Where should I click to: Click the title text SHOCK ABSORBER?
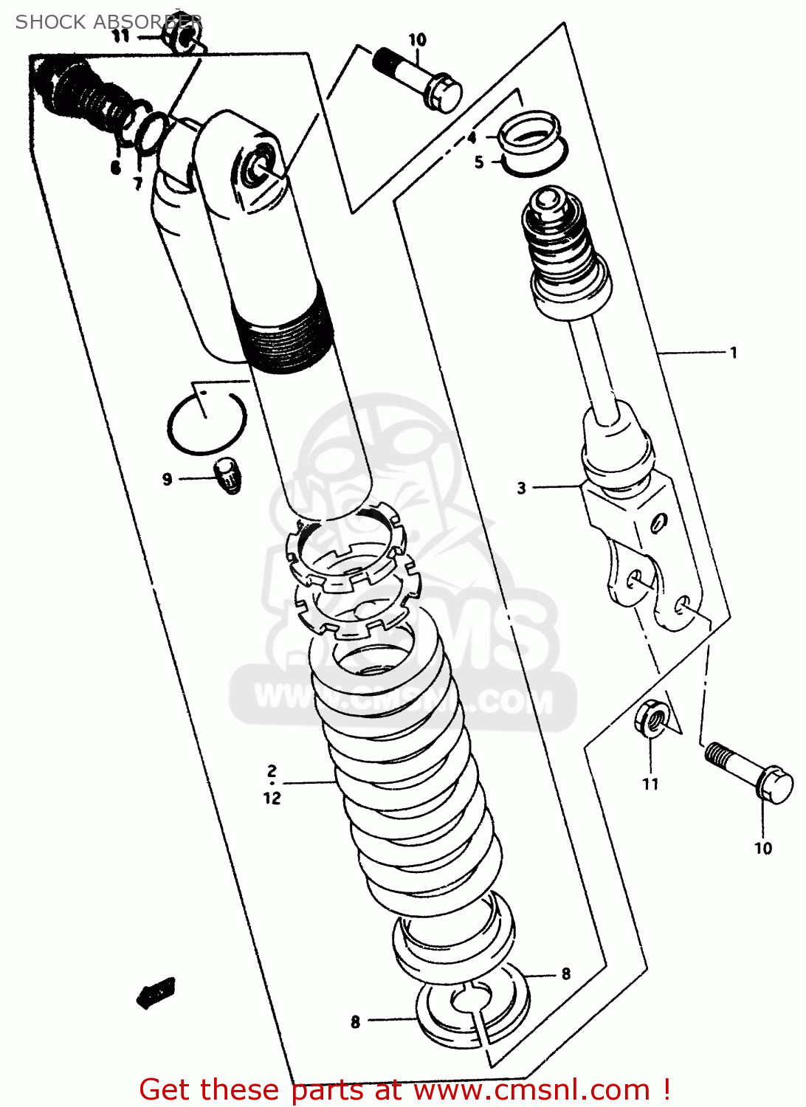point(108,22)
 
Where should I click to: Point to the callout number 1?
point(733,353)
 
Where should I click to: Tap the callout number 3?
point(521,488)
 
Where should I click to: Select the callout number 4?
point(472,137)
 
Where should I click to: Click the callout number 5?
point(479,162)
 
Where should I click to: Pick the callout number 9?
point(167,480)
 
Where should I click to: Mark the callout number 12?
point(272,798)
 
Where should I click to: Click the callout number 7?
point(137,183)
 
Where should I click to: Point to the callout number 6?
point(116,168)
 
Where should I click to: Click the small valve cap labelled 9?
point(227,476)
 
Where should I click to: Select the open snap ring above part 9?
point(206,424)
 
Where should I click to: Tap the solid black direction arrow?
point(156,992)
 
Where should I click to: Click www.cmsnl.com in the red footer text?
point(531,1089)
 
